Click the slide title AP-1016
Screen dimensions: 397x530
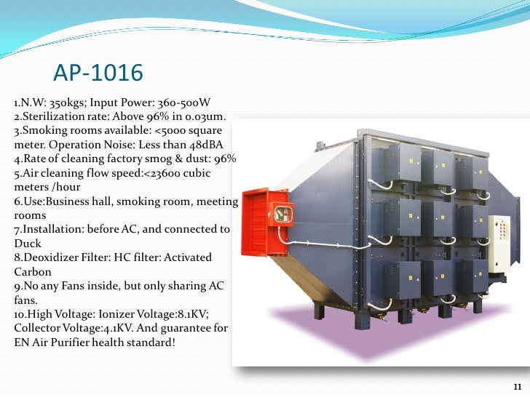99,74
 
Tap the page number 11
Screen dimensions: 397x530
518,385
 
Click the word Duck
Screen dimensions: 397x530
28,243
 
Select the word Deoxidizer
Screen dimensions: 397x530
47,257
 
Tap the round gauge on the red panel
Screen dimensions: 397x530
278,212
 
